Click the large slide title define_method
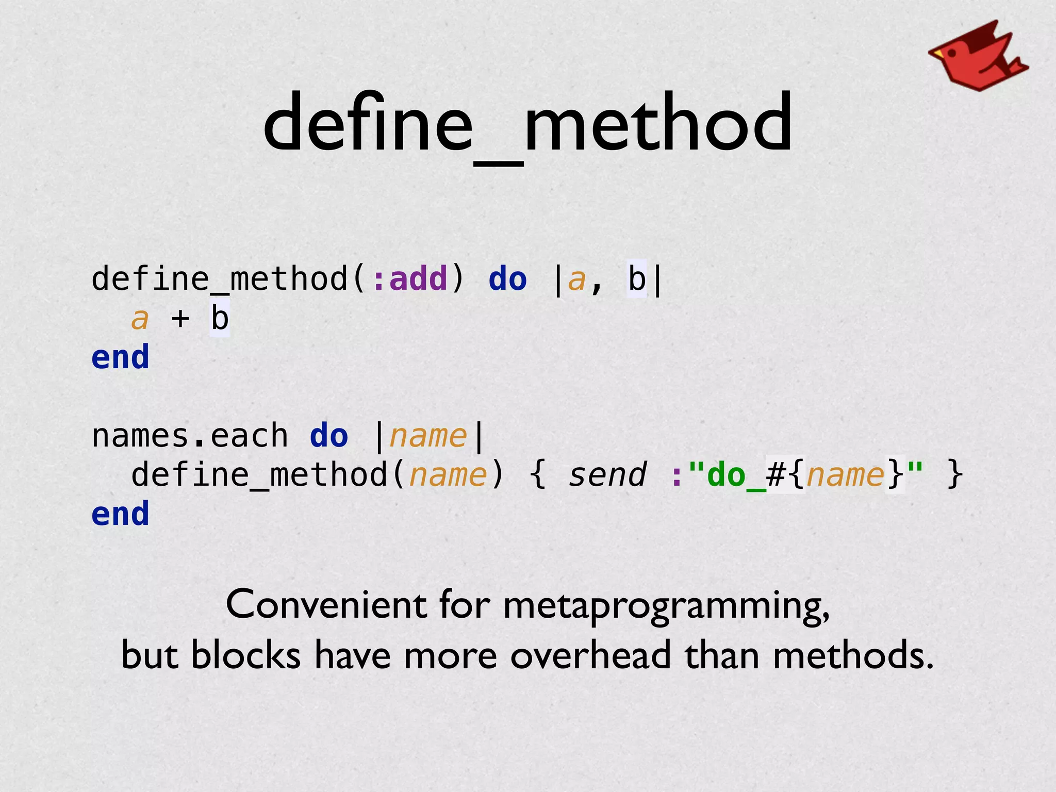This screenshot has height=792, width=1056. point(527,124)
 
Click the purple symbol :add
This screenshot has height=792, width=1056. point(410,279)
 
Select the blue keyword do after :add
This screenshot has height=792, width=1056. point(507,279)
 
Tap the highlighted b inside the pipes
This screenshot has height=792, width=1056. point(636,279)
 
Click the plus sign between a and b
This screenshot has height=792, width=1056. point(180,319)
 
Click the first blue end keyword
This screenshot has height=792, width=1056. point(120,358)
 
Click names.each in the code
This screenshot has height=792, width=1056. point(189,436)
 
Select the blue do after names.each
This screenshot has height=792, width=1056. point(329,436)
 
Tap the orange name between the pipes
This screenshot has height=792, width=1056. point(428,436)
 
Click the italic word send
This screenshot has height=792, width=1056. point(607,475)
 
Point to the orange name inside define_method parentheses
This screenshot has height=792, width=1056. point(448,475)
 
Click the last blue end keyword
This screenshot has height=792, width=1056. point(120,514)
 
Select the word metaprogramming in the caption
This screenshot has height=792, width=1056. point(665,606)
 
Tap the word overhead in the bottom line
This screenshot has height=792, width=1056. point(591,655)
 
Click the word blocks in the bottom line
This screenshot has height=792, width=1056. point(245,655)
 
